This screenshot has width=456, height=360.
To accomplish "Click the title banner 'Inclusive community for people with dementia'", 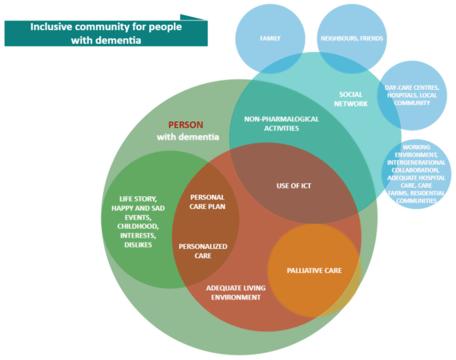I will [106, 33].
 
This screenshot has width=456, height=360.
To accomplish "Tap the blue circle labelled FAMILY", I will [270, 39].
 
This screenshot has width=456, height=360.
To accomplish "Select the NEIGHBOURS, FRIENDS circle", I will [351, 39].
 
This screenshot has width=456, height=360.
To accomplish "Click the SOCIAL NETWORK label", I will [351, 99].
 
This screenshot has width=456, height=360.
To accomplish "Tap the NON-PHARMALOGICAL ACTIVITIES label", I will [272, 124].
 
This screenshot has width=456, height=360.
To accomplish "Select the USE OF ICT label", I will [294, 186].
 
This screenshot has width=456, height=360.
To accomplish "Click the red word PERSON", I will [186, 124].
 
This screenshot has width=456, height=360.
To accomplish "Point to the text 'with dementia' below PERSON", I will [188, 137].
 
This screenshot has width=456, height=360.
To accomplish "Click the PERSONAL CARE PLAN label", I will [207, 202].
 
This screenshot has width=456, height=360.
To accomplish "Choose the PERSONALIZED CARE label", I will [203, 251].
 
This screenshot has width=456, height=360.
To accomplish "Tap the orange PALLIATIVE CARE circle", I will [314, 270].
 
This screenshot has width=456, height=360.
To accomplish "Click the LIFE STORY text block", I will [138, 222].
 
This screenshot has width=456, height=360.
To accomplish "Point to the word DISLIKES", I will [138, 245].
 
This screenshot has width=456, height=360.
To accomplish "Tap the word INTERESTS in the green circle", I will [137, 236].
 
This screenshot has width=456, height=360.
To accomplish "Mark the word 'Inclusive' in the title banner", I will [54, 27].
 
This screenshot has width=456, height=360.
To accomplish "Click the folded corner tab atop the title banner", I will [193, 17].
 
